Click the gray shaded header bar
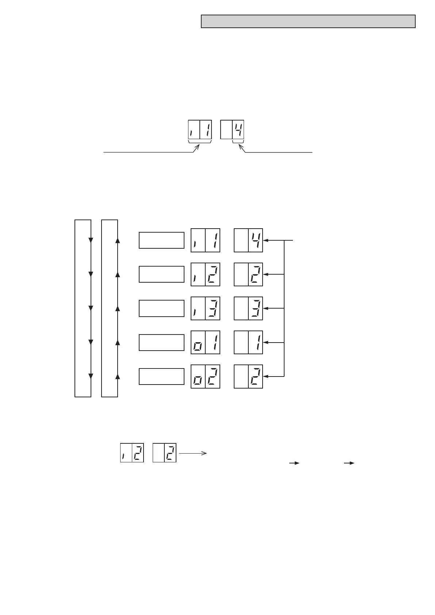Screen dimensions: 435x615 pyautogui.click(x=308, y=22)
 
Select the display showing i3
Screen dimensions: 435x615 pyautogui.click(x=205, y=308)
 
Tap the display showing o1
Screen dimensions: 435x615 pyautogui.click(x=205, y=342)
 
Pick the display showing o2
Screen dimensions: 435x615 pyautogui.click(x=205, y=377)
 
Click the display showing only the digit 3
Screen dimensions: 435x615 pyautogui.click(x=248, y=308)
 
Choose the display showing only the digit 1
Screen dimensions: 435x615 pyautogui.click(x=248, y=342)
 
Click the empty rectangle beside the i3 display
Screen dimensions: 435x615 pyautogui.click(x=161, y=308)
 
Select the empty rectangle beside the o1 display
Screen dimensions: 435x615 pyautogui.click(x=161, y=342)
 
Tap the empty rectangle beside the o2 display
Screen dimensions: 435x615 pyautogui.click(x=161, y=377)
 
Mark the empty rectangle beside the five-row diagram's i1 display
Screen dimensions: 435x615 pyautogui.click(x=161, y=240)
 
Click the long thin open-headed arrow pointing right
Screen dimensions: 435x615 pyautogui.click(x=193, y=453)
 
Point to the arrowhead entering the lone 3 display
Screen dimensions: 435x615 pyautogui.click(x=266, y=308)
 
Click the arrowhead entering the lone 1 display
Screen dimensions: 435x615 pyautogui.click(x=266, y=343)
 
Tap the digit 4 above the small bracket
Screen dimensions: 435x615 pyautogui.click(x=238, y=130)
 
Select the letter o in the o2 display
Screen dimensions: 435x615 pyautogui.click(x=198, y=380)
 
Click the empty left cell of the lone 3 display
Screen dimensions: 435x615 pyautogui.click(x=241, y=308)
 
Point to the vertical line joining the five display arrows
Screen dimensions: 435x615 pyautogui.click(x=284, y=308)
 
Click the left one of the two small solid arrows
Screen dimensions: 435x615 pyautogui.click(x=294, y=463)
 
